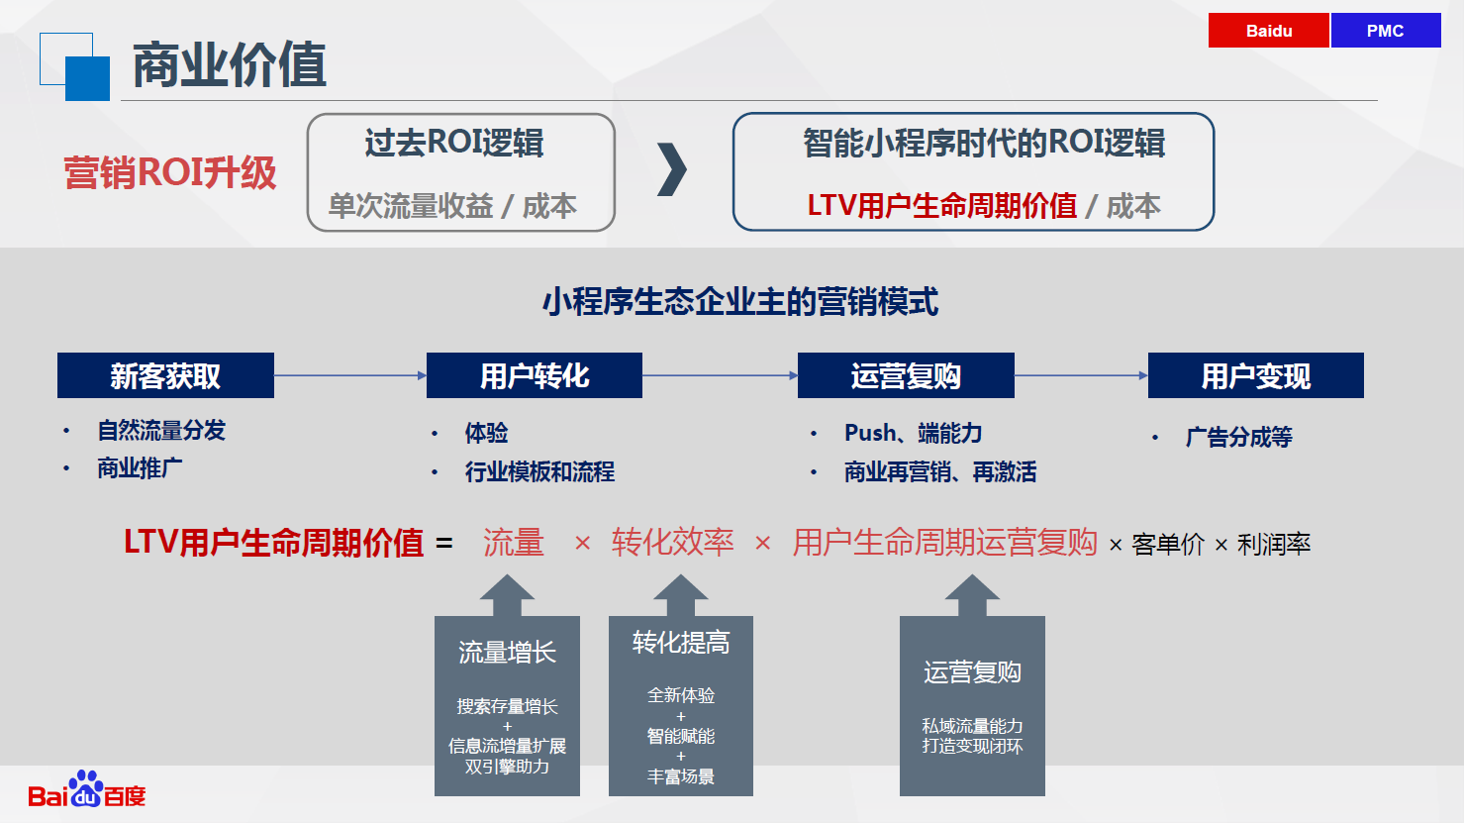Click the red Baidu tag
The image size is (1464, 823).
click(1268, 30)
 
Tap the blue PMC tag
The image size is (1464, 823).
click(1386, 30)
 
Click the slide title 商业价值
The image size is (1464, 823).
click(230, 64)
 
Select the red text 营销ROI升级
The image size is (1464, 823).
click(170, 173)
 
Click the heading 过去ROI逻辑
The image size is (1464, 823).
click(454, 143)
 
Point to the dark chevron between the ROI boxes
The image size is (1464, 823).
click(673, 169)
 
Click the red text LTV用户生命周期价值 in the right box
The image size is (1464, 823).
click(941, 206)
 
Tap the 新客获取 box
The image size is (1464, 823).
click(165, 375)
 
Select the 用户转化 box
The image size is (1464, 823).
click(534, 375)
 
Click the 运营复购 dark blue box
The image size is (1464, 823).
click(906, 375)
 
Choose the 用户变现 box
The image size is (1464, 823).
click(1255, 375)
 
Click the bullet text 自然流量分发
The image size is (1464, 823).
click(161, 431)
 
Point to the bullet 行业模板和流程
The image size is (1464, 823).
click(539, 471)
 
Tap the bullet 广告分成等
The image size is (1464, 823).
click(1239, 437)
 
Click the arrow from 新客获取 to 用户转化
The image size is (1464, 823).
click(350, 375)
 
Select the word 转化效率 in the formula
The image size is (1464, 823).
click(672, 543)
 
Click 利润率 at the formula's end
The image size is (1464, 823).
click(1274, 544)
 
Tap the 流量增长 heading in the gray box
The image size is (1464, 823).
click(507, 653)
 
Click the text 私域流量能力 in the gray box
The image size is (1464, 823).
click(972, 726)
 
